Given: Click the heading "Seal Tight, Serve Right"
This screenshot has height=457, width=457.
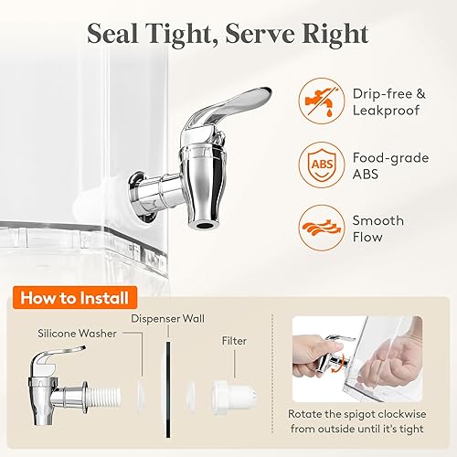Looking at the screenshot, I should coord(228,35).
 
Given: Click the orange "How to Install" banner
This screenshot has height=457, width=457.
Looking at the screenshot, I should coord(74,297).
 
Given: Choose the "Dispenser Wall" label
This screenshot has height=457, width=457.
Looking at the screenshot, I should coord(167,320).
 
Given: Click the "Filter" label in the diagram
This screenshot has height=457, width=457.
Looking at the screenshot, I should coord(234,340).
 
